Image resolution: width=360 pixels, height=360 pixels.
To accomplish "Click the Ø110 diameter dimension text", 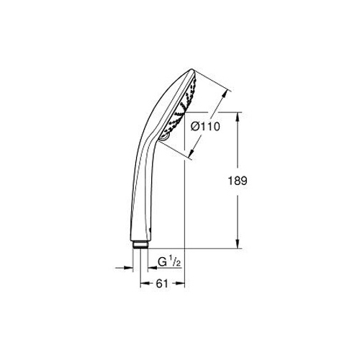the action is click(x=205, y=127).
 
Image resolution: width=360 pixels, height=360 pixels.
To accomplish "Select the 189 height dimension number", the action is click(x=238, y=181).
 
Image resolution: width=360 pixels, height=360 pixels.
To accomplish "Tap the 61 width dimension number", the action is click(x=162, y=284).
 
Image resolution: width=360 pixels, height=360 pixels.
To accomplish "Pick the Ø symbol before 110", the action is click(x=195, y=127).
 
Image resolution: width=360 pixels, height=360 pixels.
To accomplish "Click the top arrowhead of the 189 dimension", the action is click(x=238, y=117).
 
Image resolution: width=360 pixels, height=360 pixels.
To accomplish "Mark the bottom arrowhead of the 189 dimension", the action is click(x=238, y=243).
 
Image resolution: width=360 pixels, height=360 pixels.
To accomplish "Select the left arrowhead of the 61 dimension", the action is click(x=145, y=284).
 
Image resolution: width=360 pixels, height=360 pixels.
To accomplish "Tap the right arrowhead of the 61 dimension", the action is click(x=180, y=284).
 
